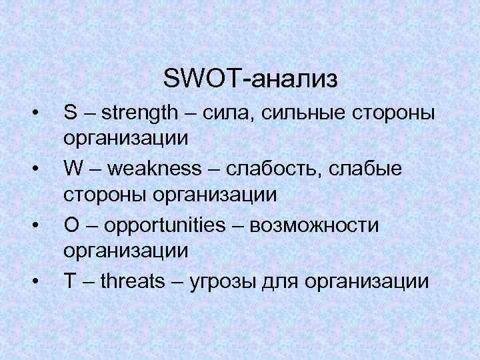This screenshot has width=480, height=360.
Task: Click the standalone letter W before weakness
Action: (74, 169)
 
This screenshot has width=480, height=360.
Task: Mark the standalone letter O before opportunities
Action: (71, 225)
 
